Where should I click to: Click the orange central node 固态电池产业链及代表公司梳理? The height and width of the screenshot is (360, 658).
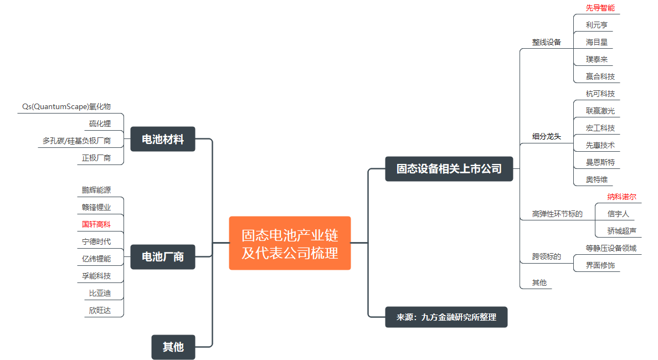click(290, 243)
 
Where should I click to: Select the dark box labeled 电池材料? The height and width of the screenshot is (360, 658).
click(163, 139)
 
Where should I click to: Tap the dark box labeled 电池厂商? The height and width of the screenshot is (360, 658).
click(163, 257)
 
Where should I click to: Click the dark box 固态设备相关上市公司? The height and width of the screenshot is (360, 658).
click(449, 168)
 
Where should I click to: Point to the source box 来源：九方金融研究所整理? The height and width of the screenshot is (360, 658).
click(446, 317)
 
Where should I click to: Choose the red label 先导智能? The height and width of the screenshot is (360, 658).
click(600, 8)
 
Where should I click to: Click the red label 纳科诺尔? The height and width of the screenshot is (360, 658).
click(621, 197)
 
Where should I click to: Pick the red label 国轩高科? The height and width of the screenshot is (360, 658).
click(96, 224)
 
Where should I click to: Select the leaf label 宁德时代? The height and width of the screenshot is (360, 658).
click(96, 241)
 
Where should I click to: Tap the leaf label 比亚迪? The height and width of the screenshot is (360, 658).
click(100, 293)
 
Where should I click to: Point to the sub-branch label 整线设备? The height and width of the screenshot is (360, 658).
click(547, 42)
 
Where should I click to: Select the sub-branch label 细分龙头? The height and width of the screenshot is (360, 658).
click(547, 136)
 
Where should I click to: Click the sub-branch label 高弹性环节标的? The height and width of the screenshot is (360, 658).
click(557, 214)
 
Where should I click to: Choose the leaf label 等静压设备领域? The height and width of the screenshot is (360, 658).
click(611, 248)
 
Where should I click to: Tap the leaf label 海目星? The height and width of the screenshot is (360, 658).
click(597, 42)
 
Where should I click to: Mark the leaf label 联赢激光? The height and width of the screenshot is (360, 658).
click(600, 111)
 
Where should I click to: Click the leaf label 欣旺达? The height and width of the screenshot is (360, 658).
click(100, 310)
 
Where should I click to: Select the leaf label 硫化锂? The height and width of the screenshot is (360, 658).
click(100, 124)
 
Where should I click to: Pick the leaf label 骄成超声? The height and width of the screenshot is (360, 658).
click(621, 231)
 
